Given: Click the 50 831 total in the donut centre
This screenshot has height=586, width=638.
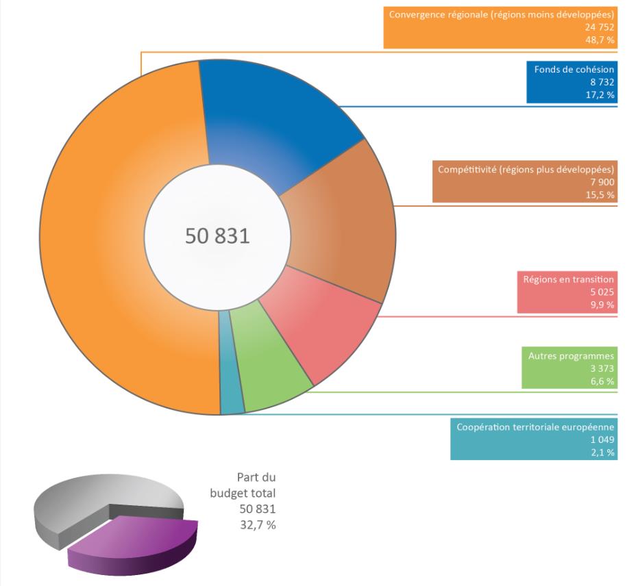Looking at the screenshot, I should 217,235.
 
